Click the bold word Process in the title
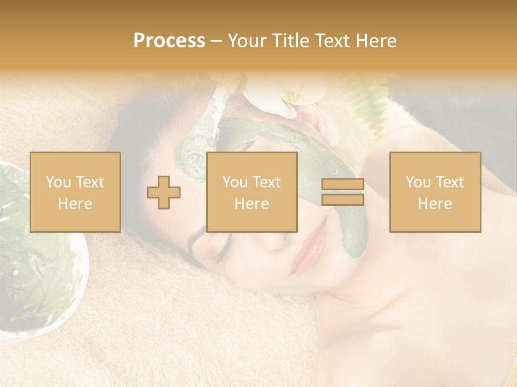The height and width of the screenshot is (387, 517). [x=169, y=41]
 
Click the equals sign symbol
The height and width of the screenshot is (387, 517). [x=343, y=192]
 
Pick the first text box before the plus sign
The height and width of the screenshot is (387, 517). [x=75, y=192]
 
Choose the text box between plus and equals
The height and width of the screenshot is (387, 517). [x=251, y=192]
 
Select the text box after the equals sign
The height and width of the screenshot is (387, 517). [x=435, y=192]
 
